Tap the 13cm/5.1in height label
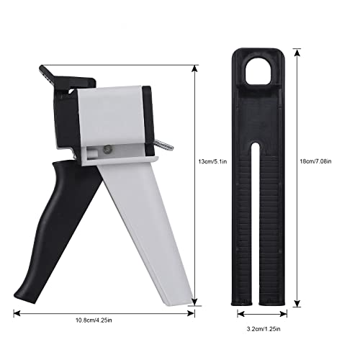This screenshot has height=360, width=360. pos(215,162)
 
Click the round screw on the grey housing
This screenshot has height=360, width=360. pos(105,148)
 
